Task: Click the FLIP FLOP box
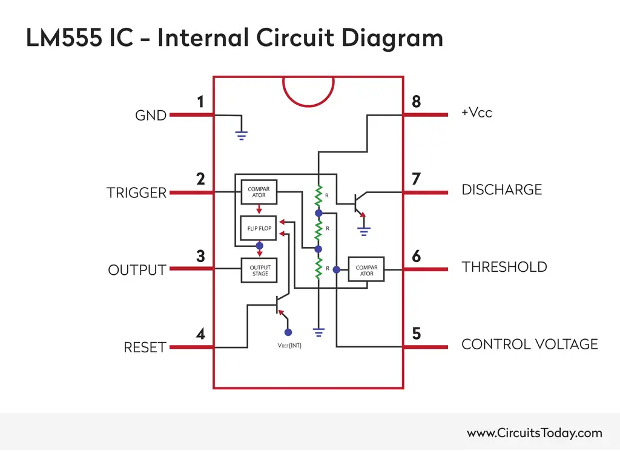[259, 228]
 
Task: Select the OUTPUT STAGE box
[260, 270]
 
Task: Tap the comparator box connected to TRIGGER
[259, 193]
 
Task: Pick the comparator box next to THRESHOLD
[366, 270]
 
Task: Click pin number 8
[416, 102]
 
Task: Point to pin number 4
[200, 334]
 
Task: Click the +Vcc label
[477, 113]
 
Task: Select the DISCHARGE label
[501, 189]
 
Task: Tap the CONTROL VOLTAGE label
[529, 344]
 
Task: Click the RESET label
[145, 347]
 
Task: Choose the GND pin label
[151, 115]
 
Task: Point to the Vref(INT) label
[289, 346]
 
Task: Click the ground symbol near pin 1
[242, 136]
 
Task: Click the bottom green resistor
[317, 268]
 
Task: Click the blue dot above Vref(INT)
[288, 332]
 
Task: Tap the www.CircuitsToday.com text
[534, 433]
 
